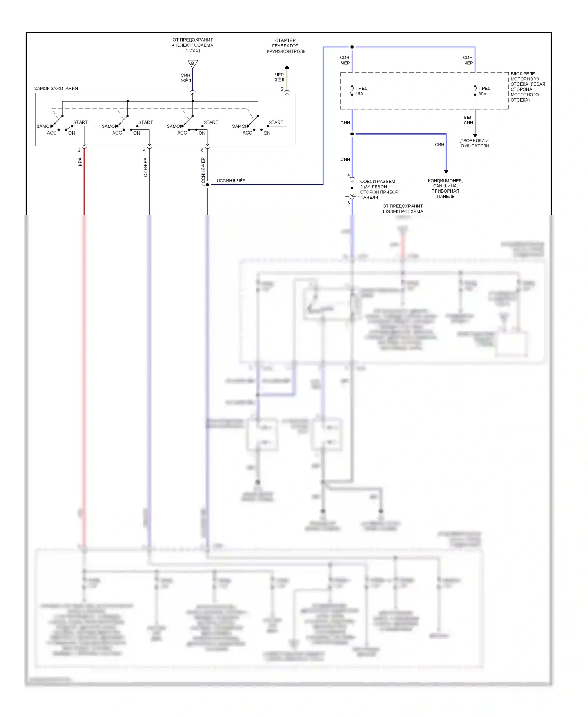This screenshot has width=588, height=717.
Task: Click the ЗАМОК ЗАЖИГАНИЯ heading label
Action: (x=56, y=89)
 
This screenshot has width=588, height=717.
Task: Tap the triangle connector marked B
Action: (x=192, y=64)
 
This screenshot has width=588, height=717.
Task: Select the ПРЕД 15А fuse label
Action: (x=361, y=91)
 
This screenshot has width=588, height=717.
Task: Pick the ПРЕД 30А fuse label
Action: (x=484, y=91)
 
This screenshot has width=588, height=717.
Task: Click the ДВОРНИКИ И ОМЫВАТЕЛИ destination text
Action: (x=474, y=143)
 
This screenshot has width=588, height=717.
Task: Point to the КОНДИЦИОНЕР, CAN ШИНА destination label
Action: (x=445, y=188)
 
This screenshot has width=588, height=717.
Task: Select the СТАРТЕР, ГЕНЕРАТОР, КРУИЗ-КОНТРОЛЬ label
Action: (x=286, y=46)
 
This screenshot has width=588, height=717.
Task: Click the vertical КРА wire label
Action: (x=80, y=162)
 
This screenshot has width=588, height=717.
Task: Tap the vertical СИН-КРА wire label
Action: (x=145, y=167)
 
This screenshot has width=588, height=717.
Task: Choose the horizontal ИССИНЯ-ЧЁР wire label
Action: (x=231, y=181)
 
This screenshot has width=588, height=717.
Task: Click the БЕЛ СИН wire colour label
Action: (x=468, y=120)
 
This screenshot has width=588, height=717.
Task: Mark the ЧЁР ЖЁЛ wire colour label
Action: (x=279, y=77)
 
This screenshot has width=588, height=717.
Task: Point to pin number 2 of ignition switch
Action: (x=79, y=150)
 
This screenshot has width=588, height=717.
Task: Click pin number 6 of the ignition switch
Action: (x=202, y=150)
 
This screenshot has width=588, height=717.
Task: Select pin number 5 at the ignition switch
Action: (x=281, y=89)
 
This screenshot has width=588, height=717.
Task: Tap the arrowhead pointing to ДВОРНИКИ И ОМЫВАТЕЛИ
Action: (x=475, y=136)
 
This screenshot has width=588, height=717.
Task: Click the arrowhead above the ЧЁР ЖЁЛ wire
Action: (x=287, y=67)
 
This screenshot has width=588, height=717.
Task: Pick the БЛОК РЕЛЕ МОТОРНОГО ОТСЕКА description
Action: (x=527, y=87)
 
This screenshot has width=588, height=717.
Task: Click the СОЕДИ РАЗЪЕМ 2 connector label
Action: (x=379, y=189)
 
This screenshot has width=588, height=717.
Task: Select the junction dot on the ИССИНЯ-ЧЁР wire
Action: (x=207, y=184)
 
